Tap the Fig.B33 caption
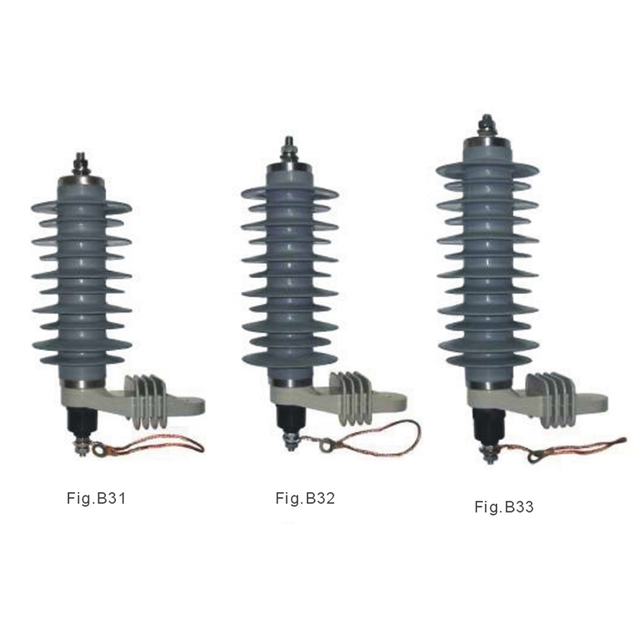pyautogui.click(x=504, y=506)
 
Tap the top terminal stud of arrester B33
pyautogui.click(x=485, y=127)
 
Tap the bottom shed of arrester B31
pyautogui.click(x=82, y=361)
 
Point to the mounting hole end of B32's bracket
pyautogui.click(x=394, y=405)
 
